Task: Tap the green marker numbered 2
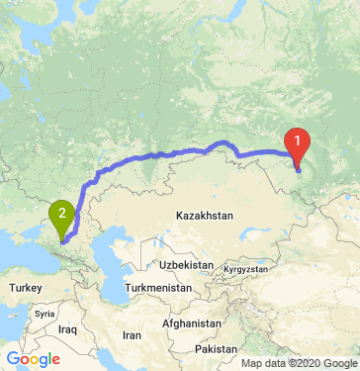coord(63,212)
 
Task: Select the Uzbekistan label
coord(187,266)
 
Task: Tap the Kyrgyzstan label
coord(246,269)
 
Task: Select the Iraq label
coord(67,327)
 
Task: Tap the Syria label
coord(45,313)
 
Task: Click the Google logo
coord(32,358)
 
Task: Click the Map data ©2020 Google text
coord(298,363)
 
